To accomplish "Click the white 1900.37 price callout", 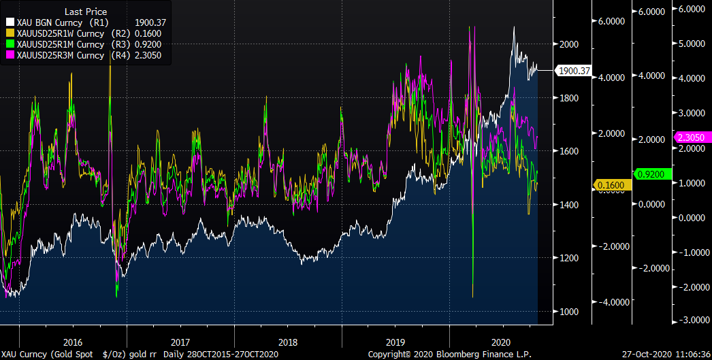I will point(573,70).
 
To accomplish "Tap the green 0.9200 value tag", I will point(651,174).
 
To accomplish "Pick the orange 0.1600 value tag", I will point(612,184).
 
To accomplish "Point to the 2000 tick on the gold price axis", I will point(568,44).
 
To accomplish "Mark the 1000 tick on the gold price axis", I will point(568,311).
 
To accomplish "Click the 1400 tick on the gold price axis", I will point(568,204).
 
